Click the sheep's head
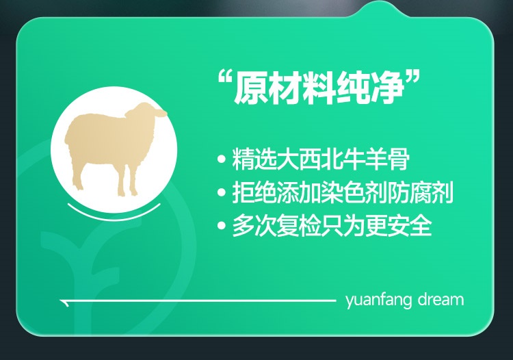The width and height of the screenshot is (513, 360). [146, 113]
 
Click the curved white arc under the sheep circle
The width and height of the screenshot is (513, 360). [114, 213]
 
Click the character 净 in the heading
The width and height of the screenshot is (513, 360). [388, 88]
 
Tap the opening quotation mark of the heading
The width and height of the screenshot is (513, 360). [224, 80]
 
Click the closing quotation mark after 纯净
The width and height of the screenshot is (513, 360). [413, 80]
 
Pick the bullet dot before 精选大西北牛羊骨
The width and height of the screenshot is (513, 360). [222, 159]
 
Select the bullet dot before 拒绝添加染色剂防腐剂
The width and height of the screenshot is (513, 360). [222, 192]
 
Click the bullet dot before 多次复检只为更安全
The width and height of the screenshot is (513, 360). [222, 225]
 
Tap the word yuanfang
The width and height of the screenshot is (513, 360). [378, 300]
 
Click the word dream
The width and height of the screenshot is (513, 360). [440, 299]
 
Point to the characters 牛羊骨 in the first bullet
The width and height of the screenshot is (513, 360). [376, 159]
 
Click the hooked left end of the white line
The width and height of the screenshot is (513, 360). [64, 303]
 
